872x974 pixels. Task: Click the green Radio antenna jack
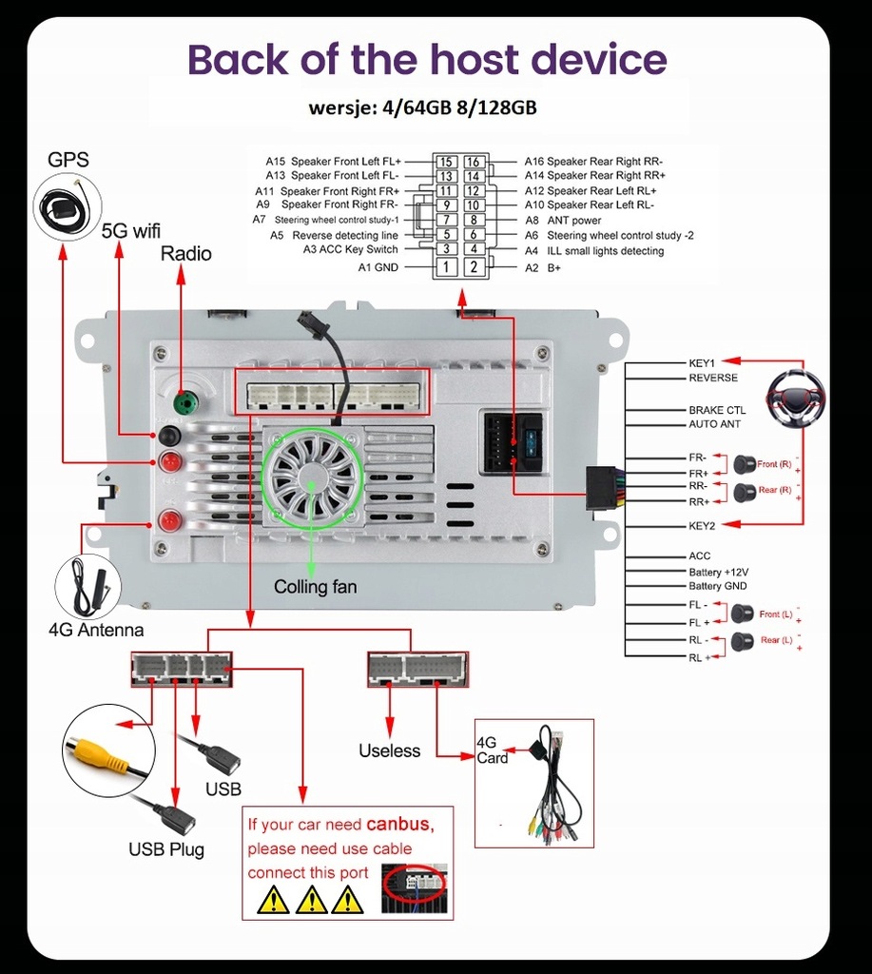click(187, 403)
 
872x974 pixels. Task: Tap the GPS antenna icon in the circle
click(67, 207)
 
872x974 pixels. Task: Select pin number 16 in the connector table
click(473, 162)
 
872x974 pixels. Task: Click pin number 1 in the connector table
click(445, 267)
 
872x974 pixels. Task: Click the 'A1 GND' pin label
click(378, 267)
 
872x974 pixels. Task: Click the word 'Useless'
click(389, 750)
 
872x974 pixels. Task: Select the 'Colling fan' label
click(316, 587)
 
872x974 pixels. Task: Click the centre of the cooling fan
click(313, 477)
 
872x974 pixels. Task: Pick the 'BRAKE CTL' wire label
click(717, 411)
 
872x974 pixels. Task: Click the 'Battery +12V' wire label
click(718, 573)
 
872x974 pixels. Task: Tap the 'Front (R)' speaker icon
click(743, 464)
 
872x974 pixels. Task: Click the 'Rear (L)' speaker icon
click(743, 640)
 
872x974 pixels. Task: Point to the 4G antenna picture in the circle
click(88, 585)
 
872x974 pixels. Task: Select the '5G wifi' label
click(131, 230)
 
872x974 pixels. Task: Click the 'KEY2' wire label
click(702, 525)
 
